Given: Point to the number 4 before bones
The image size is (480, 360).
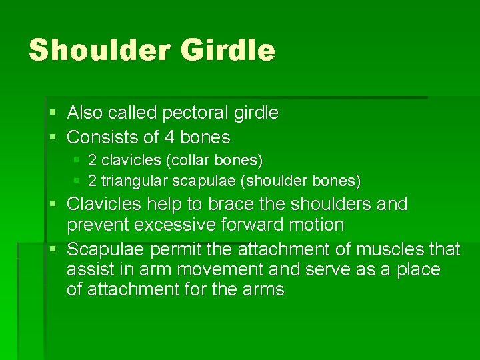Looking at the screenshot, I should click(x=167, y=138).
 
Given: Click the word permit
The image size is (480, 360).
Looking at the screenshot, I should click(x=175, y=249).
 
